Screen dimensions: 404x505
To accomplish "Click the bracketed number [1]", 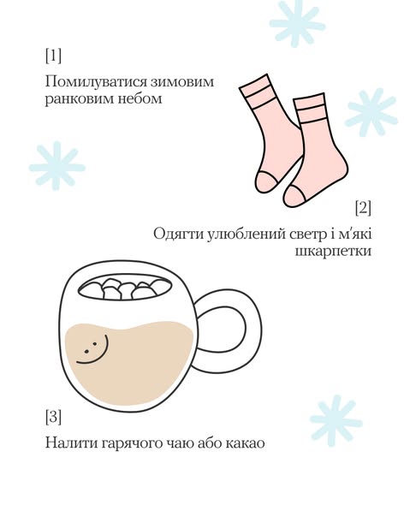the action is pos(53,56).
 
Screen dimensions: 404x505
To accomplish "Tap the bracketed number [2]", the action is pos(363,208).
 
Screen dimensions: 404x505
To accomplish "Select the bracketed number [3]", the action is pos(53,417).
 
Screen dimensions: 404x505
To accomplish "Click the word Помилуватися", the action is pos(92,82).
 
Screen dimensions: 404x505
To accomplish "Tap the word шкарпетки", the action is pos(333,251).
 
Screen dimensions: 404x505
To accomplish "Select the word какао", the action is pos(245,443).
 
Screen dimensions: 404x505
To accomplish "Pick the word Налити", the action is pos(72,443).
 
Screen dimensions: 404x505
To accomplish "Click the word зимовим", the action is pos(178,82).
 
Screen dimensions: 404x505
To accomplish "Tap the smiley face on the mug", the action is pos(92,348).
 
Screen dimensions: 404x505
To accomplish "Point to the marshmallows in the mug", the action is pos(125,288).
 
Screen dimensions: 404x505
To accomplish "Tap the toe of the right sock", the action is pos(294,197).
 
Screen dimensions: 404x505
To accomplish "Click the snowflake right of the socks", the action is pos(371,112).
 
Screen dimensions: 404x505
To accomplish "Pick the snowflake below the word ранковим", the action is pos(57,166).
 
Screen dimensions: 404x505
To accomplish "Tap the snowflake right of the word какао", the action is pos(336,420).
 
